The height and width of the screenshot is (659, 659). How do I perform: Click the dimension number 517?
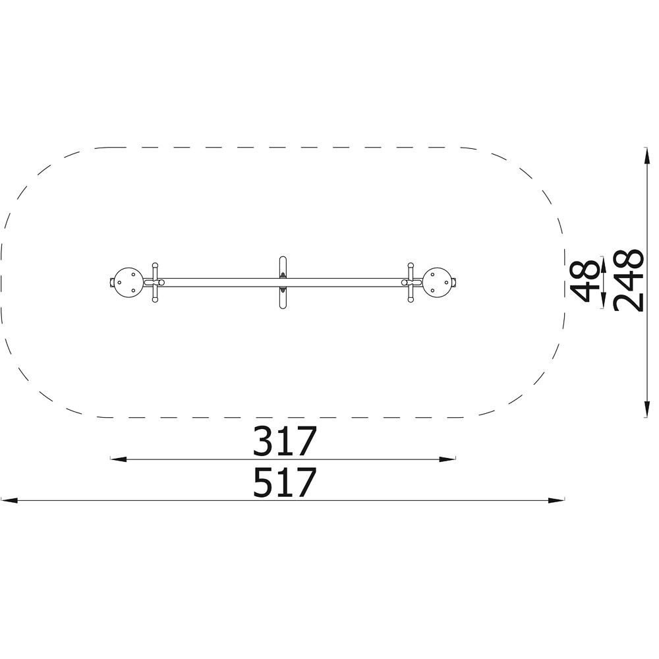pos(284,482)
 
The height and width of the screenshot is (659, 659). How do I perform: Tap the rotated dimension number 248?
pos(628,281)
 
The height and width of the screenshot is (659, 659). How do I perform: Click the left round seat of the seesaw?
pos(128,283)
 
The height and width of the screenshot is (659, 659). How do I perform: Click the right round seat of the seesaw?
pos(437,282)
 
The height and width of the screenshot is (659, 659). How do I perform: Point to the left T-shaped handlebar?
pos(155,283)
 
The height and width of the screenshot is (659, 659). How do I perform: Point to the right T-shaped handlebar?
pos(410,283)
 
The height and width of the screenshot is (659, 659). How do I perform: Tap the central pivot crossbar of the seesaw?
pos(283,283)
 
